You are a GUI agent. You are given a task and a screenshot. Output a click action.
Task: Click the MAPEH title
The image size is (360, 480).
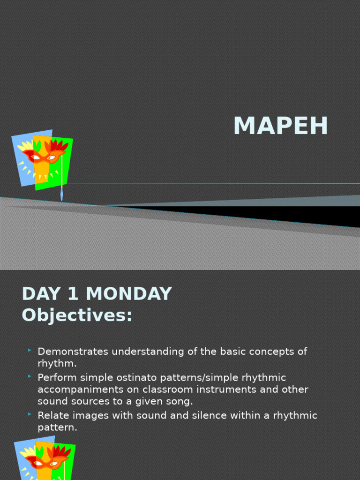click(280, 126)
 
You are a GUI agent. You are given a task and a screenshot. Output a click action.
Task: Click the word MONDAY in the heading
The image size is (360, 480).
click(129, 294)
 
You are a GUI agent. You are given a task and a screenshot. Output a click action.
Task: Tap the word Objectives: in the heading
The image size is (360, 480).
click(77, 315)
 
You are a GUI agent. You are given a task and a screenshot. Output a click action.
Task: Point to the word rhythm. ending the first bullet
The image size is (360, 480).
click(57, 363)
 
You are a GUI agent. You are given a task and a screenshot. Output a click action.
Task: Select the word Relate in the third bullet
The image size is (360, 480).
click(52, 416)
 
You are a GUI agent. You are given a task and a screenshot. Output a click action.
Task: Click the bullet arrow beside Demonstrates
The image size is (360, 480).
click(30, 350)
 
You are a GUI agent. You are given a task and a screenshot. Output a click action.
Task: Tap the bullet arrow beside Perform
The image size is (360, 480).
click(30, 376)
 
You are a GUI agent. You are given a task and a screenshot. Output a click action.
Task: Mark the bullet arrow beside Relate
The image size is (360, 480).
click(30, 414)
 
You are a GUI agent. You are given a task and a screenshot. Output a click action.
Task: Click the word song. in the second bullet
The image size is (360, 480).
click(180, 401)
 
